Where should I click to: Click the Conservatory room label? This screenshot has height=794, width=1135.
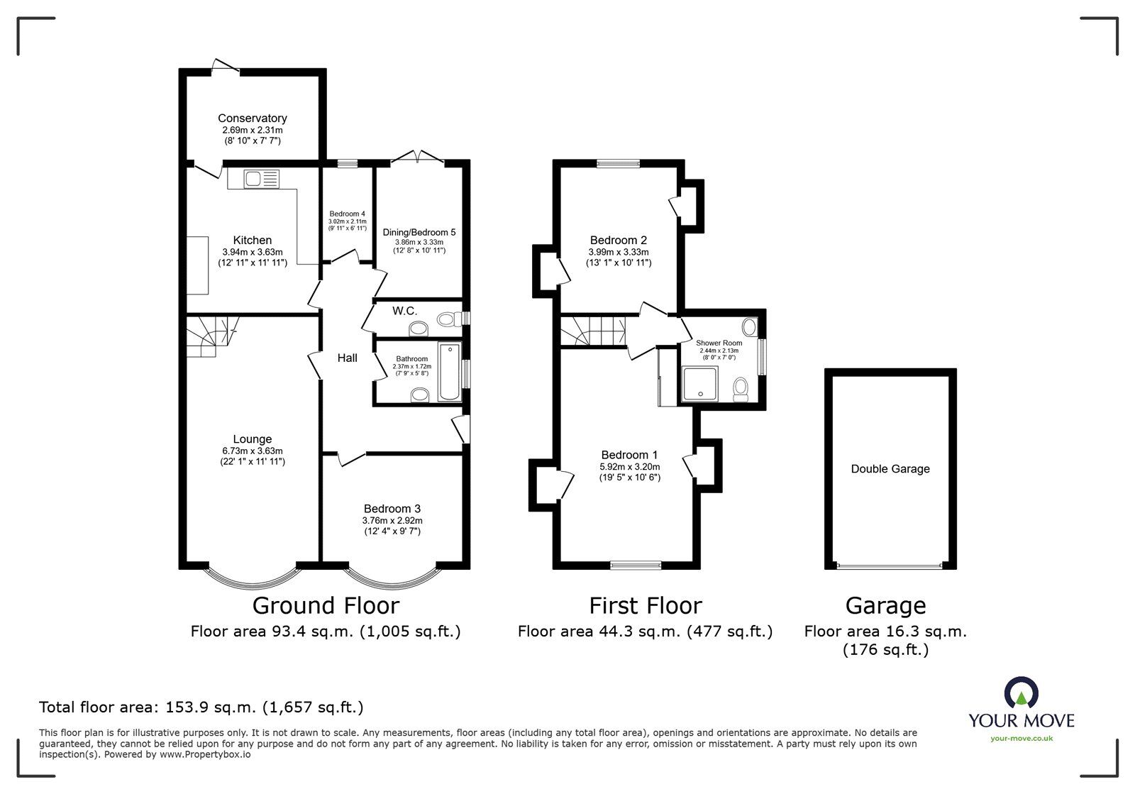[x=252, y=118]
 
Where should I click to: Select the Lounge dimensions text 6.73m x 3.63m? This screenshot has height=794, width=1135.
[x=253, y=451]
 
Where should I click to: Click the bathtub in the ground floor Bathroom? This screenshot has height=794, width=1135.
[x=450, y=373]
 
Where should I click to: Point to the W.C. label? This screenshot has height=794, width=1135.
[x=404, y=311]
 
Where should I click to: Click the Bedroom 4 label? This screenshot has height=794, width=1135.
[x=347, y=214]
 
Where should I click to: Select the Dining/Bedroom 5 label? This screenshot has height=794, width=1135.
[x=419, y=232]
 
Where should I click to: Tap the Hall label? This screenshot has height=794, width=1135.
[x=347, y=358]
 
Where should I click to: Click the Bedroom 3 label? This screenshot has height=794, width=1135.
[x=392, y=509]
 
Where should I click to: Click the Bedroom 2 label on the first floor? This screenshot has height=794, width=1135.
[x=618, y=241]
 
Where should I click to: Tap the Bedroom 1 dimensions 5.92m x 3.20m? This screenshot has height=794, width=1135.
[x=629, y=467]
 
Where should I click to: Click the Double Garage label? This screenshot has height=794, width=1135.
[x=890, y=469]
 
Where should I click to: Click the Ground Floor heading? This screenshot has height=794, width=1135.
[x=326, y=606]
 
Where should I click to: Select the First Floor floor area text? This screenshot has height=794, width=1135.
[x=644, y=632]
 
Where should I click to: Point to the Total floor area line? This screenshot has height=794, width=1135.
[x=201, y=707]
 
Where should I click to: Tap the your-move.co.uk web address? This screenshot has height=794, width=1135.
[x=1021, y=739]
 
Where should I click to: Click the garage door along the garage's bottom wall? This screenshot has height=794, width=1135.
[x=890, y=566]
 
